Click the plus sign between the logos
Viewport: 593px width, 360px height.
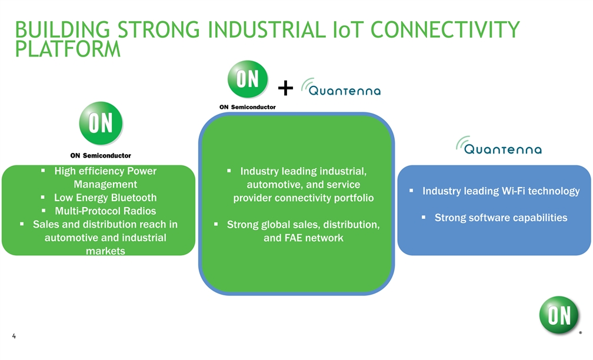click(x=285, y=89)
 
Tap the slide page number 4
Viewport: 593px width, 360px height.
click(x=14, y=336)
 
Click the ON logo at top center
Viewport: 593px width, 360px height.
click(x=248, y=80)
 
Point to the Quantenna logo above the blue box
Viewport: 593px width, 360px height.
click(x=499, y=146)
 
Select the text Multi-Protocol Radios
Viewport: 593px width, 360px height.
click(x=105, y=211)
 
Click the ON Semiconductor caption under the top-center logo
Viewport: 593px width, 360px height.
click(x=247, y=107)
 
